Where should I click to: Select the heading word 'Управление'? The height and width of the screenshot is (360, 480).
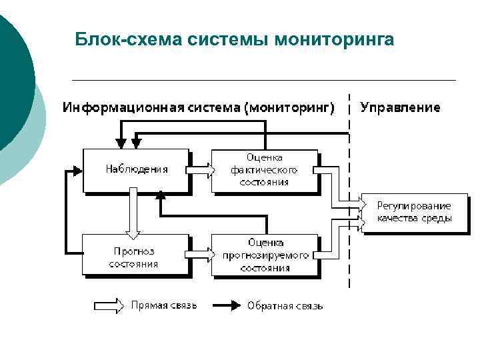[400, 107]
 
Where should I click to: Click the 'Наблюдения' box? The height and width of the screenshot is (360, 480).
[136, 170]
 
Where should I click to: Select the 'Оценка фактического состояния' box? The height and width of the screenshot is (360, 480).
[264, 170]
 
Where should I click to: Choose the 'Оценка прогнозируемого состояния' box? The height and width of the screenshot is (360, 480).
[264, 255]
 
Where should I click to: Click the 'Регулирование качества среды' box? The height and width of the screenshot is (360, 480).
[414, 212]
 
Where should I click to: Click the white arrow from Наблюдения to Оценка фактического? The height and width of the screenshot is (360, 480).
[200, 170]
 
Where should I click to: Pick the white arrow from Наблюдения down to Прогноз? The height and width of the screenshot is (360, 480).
[133, 213]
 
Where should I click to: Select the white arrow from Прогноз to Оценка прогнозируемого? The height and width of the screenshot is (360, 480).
[200, 254]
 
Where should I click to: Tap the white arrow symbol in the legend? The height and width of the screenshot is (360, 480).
[109, 305]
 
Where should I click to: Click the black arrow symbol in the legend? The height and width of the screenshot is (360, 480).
[227, 305]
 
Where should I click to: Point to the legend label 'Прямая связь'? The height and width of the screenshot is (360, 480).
[164, 305]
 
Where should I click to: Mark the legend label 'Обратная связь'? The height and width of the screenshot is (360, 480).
[285, 306]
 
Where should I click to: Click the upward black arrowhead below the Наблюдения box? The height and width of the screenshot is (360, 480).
[160, 195]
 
